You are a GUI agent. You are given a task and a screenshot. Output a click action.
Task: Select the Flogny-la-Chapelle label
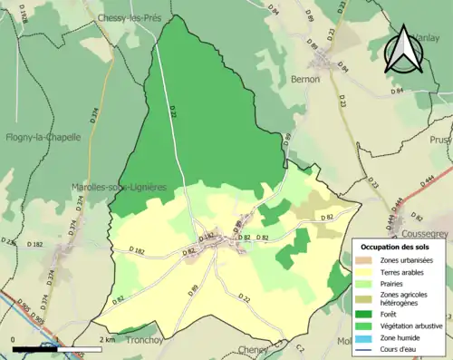(43, 138)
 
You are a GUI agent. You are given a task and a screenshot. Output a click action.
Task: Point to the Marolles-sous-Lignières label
(119, 187)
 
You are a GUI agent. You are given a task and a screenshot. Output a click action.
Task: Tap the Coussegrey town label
(427, 231)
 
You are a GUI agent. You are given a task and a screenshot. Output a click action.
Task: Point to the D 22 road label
(244, 297)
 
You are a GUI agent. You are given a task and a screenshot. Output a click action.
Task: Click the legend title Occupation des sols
(396, 247)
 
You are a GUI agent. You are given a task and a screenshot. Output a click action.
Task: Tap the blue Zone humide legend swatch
(363, 336)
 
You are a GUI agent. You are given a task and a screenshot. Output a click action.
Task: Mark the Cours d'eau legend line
(363, 348)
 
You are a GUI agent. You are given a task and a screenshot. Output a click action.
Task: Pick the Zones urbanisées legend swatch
(363, 259)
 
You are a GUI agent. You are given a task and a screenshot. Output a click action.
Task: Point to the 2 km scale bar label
(108, 339)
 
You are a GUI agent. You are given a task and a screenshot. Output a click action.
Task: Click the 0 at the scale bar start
(14, 339)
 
